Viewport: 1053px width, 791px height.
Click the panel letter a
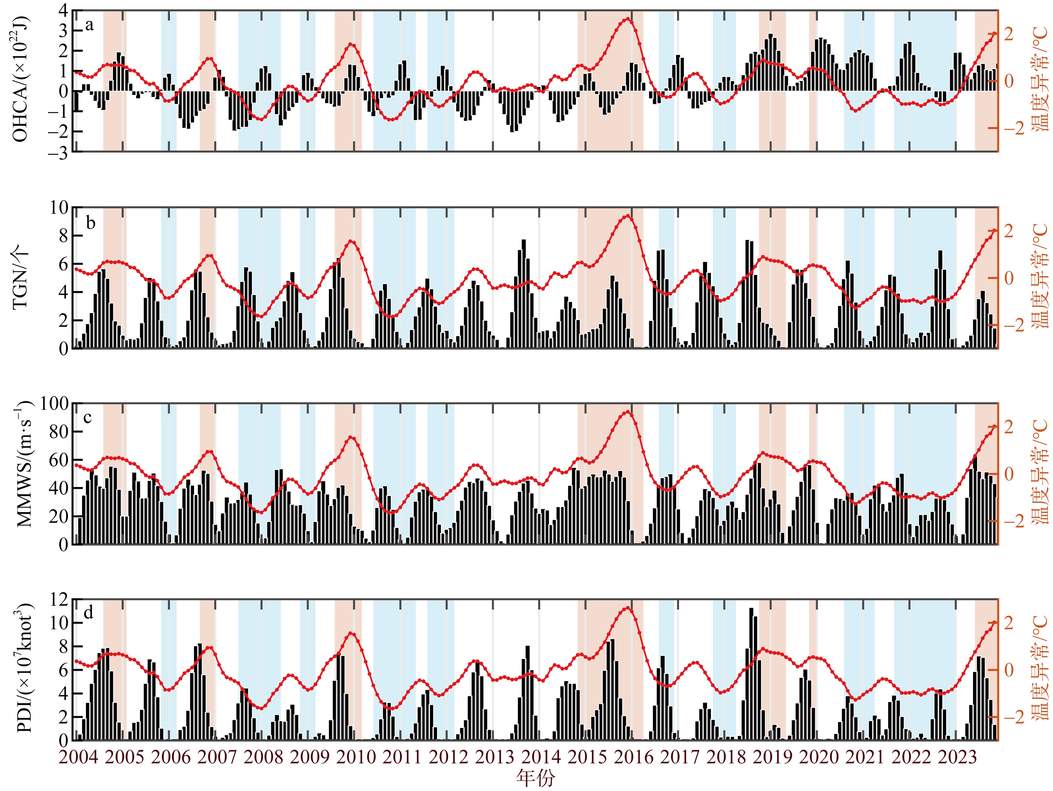pos(89,25)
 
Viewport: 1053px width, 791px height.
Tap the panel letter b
pos(90,222)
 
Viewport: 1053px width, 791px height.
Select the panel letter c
pos(88,418)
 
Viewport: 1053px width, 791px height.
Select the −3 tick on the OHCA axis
pos(57,152)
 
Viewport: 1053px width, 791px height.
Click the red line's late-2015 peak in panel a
pos(628,19)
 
